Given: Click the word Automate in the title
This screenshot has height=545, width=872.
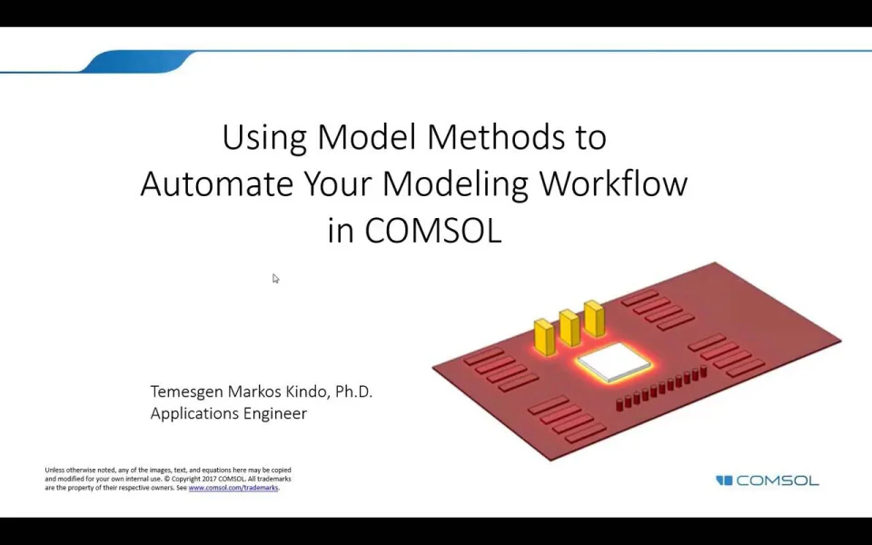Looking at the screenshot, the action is (217, 183).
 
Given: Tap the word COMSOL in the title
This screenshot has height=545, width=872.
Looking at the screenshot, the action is (433, 230).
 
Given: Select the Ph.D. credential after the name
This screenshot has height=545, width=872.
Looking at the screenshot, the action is (353, 391).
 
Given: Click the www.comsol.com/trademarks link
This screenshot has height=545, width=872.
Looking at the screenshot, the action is (233, 488).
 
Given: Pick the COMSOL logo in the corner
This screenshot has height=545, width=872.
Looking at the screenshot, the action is (767, 481).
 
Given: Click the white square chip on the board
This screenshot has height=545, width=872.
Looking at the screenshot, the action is (614, 362).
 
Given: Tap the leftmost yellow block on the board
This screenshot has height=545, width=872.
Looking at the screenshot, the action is (544, 337).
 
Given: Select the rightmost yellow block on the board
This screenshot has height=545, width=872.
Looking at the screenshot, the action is (594, 319).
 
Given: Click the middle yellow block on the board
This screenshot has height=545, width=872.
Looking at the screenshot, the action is (570, 328).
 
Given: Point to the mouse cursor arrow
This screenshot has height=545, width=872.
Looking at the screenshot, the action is (275, 279).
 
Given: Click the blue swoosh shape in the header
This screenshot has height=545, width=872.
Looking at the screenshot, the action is (138, 61).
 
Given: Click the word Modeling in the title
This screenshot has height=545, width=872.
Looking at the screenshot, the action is (456, 185).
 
